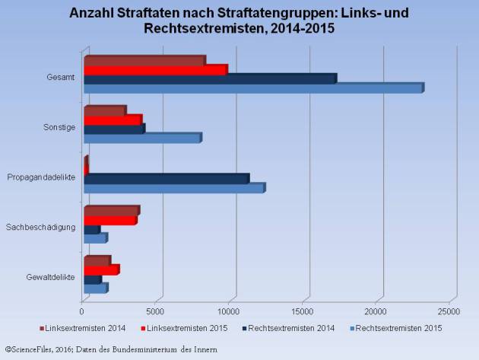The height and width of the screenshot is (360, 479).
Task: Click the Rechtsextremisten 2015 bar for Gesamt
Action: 252,89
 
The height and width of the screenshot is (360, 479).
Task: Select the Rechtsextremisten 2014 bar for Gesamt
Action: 209,79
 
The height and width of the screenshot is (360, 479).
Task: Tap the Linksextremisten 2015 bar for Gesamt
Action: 155,70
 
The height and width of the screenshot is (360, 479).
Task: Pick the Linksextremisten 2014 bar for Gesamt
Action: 144,61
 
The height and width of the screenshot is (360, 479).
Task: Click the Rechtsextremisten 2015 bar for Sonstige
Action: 141,139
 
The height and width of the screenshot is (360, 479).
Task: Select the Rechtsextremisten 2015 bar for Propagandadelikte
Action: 173,188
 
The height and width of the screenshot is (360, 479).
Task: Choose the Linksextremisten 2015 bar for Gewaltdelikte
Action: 101,270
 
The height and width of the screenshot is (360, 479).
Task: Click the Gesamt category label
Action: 60,77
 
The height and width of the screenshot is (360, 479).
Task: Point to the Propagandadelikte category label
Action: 41,177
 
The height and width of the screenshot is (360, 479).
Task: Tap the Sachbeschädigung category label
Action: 40,227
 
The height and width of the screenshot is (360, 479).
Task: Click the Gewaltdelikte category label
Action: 49,277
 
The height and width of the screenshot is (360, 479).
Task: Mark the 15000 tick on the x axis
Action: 303,311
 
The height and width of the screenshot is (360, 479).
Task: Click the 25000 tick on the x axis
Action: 449,311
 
